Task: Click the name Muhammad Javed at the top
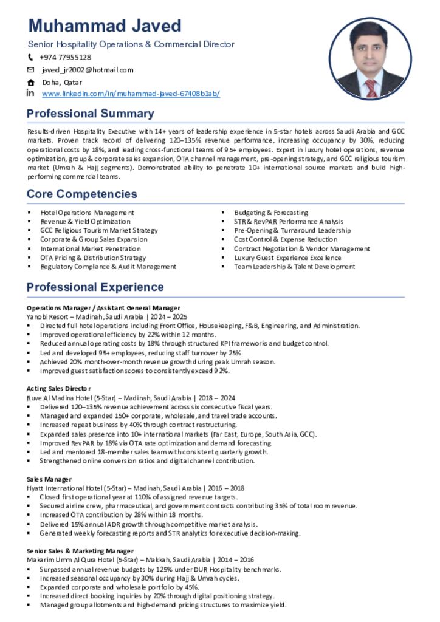click(105, 26)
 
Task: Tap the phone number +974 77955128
click(65, 57)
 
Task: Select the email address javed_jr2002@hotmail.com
click(88, 70)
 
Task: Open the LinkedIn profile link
click(131, 94)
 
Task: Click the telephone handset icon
click(31, 57)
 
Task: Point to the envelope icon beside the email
click(31, 70)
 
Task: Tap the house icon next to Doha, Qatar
click(31, 82)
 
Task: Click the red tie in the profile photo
click(370, 88)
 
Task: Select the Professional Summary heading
click(91, 114)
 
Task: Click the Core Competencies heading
click(82, 194)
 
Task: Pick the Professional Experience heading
click(95, 287)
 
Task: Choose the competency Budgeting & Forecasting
click(271, 213)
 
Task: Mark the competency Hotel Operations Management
click(87, 213)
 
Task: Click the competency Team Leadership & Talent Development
click(294, 267)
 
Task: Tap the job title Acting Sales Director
click(58, 388)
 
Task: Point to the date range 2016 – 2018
click(231, 488)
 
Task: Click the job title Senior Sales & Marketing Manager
click(80, 551)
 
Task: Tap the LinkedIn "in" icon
click(30, 94)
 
